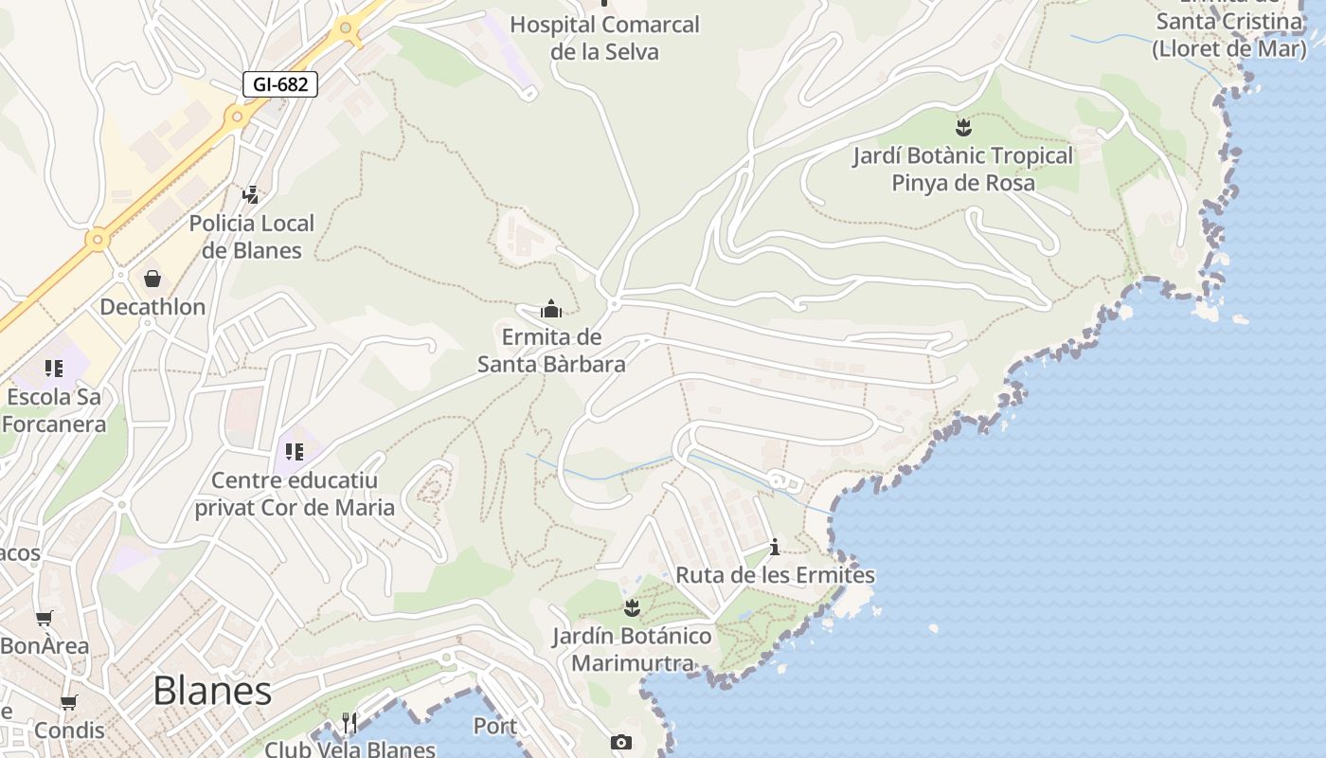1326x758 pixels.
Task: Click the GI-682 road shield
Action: click(280, 84)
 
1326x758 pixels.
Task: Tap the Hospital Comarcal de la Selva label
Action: click(604, 38)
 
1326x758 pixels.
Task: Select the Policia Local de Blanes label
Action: click(252, 237)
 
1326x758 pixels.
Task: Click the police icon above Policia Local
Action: click(250, 195)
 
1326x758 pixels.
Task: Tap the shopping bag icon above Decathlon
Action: click(152, 279)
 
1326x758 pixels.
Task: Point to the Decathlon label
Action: click(152, 307)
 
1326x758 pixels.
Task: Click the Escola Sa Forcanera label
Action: click(54, 410)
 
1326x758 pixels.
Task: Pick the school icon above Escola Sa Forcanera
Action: click(54, 368)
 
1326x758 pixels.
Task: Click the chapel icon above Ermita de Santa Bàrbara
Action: click(550, 309)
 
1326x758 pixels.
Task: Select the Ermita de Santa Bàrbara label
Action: click(551, 351)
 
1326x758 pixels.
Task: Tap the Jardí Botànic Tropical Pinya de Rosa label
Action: click(963, 169)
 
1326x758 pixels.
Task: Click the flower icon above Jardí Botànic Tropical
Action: click(963, 127)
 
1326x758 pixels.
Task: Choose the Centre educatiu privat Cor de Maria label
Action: click(295, 495)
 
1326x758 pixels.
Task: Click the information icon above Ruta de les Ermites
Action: click(775, 547)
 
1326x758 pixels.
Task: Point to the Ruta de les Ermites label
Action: click(775, 575)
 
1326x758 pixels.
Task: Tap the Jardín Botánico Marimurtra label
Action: click(633, 649)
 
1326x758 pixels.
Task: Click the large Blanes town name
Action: click(212, 691)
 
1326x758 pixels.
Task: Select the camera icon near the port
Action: click(621, 742)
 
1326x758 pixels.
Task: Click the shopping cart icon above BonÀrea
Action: click(44, 619)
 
